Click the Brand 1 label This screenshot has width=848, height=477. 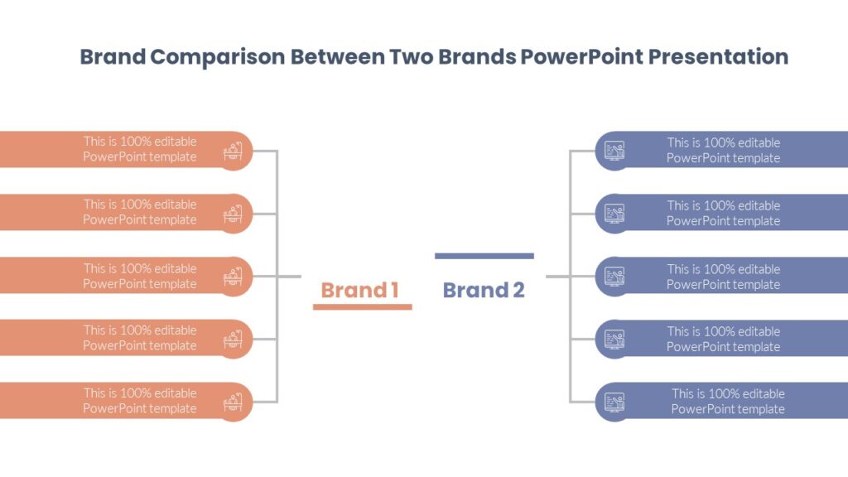pyautogui.click(x=360, y=290)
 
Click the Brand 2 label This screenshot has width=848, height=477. pyautogui.click(x=484, y=290)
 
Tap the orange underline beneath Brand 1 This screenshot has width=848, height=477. pyautogui.click(x=362, y=307)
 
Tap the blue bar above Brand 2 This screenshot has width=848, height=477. pyautogui.click(x=484, y=256)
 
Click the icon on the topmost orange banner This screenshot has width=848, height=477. pyautogui.click(x=234, y=151)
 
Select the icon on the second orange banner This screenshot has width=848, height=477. pyautogui.click(x=234, y=214)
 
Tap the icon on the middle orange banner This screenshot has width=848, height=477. pyautogui.click(x=234, y=277)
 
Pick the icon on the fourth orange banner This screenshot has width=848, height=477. pyautogui.click(x=234, y=339)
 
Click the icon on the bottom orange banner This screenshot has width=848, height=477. pyautogui.click(x=234, y=402)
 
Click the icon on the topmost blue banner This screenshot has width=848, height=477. pyautogui.click(x=614, y=151)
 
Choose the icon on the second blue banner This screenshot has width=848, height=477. pyautogui.click(x=614, y=214)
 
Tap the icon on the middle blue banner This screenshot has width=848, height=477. pyautogui.click(x=614, y=277)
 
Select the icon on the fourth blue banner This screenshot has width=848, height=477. pyautogui.click(x=614, y=339)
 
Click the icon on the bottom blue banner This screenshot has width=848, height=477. pyautogui.click(x=614, y=402)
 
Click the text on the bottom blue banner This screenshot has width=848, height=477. pyautogui.click(x=728, y=402)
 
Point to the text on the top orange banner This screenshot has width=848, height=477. pyautogui.click(x=140, y=149)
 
